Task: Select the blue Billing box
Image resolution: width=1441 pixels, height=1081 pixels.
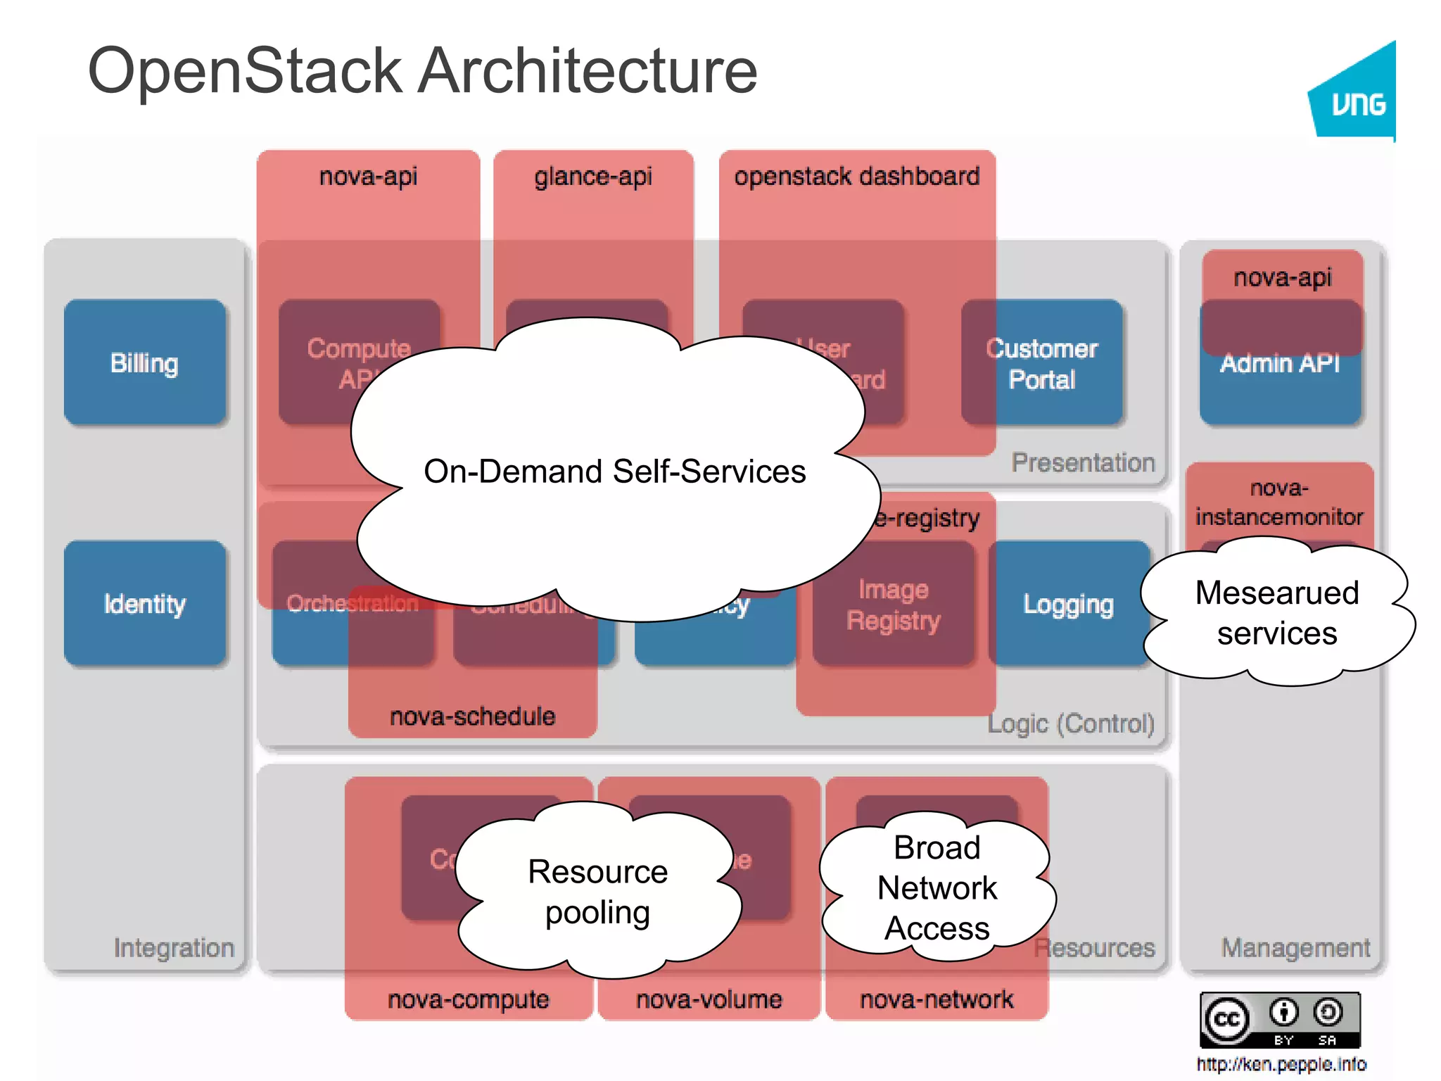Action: point(145,363)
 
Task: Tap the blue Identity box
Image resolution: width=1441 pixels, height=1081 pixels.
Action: point(145,604)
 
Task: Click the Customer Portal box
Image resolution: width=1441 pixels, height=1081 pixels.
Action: point(1042,363)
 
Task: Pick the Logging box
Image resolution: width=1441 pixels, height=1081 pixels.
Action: point(1068,604)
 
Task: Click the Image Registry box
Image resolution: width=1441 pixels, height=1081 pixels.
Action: point(894,605)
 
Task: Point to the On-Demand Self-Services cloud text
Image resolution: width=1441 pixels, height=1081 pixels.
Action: point(614,472)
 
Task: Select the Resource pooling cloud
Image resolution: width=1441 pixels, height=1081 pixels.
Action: point(597,892)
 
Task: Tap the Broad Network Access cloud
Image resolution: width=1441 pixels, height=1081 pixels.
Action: point(937,887)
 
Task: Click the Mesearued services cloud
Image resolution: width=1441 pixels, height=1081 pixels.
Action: point(1276,612)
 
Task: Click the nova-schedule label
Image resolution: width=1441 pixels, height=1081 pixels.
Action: point(472,716)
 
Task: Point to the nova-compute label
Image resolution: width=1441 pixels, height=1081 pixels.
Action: point(468,999)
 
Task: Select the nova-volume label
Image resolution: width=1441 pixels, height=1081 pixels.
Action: point(709,999)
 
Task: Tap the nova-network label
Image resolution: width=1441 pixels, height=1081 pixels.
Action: point(937,999)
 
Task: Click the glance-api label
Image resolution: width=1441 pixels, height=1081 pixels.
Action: point(593,176)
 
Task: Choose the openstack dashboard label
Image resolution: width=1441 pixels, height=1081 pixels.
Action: point(856,176)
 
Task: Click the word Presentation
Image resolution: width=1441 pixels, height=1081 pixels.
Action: point(1083,462)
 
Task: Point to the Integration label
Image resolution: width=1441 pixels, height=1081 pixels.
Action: point(174,948)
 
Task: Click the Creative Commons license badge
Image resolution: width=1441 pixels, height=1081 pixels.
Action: point(1279,1020)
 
